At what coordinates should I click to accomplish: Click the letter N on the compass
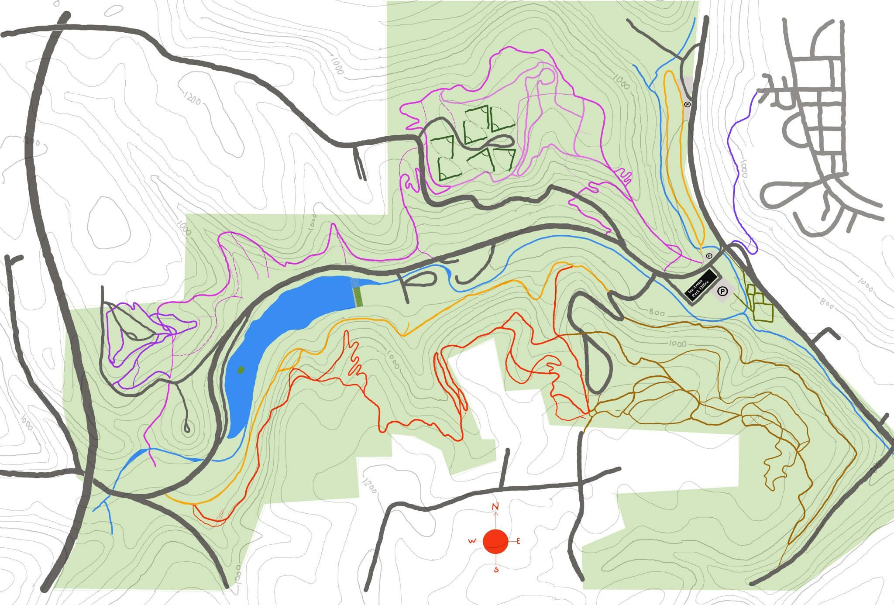[495, 507]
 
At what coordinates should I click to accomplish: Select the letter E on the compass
[518, 541]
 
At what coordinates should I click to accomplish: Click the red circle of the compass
[495, 542]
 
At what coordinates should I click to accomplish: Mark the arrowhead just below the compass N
[495, 514]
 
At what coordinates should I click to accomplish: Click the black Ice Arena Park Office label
[701, 284]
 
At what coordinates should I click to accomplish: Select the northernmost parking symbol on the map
[687, 104]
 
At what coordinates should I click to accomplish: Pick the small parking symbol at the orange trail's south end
[709, 256]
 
